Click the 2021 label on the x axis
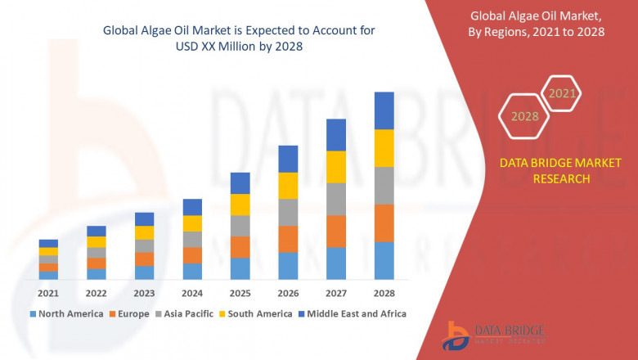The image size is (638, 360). (48, 293)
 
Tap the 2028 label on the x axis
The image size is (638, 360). (384, 293)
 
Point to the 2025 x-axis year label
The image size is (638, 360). (240, 293)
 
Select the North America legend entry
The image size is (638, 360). (66, 313)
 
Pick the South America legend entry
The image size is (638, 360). (257, 313)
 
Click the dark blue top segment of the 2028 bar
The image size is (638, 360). (384, 110)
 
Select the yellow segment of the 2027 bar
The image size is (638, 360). (336, 167)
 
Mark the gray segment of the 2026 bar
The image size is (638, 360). (288, 212)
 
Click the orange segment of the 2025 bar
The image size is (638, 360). (240, 247)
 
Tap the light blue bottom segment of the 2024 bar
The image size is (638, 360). (192, 272)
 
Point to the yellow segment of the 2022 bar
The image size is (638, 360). (97, 242)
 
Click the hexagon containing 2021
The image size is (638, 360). (562, 93)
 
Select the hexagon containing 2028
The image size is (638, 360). (524, 116)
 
